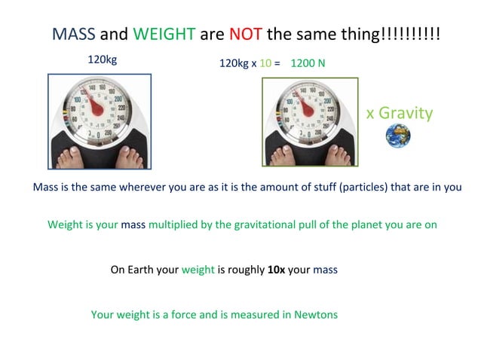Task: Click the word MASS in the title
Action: coord(73,35)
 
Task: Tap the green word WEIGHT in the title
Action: coord(164,35)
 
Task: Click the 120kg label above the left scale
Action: coord(102,58)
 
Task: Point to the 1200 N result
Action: coord(308,63)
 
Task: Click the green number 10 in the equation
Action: coord(265,63)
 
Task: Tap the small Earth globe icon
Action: coord(397,136)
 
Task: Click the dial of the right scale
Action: coord(308,106)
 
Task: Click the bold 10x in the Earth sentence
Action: coord(276,269)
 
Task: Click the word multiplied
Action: coord(175,224)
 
